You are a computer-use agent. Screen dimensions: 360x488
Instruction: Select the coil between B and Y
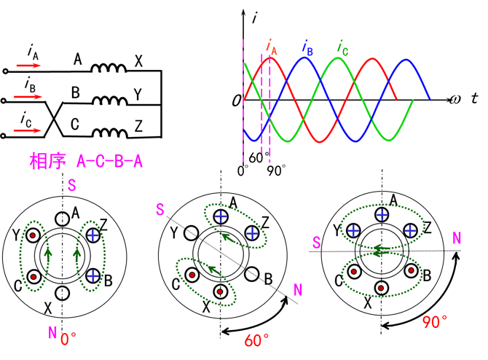[x=109, y=101]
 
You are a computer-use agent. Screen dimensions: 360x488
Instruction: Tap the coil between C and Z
[x=109, y=132]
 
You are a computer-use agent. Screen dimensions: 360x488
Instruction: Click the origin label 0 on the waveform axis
[x=236, y=100]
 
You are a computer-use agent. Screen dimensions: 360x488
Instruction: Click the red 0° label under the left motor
[x=69, y=339]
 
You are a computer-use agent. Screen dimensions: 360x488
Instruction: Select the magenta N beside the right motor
[x=457, y=238]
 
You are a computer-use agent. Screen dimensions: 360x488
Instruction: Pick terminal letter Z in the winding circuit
[x=138, y=127]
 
